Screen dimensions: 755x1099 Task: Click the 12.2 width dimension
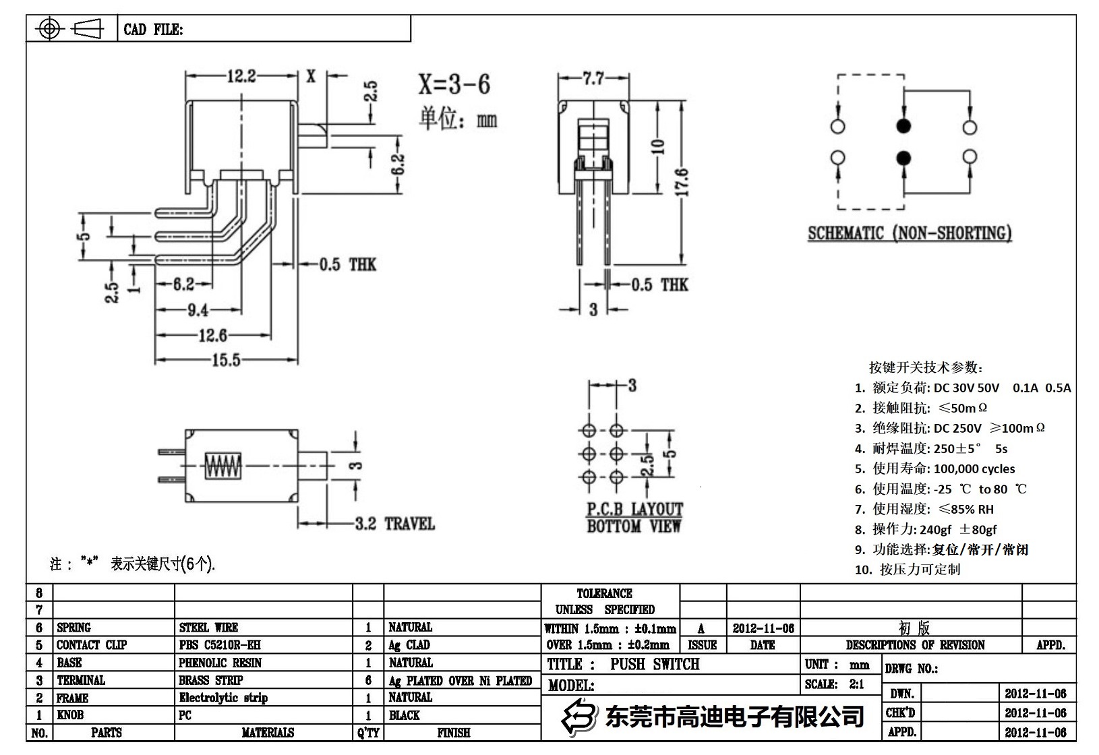pos(241,76)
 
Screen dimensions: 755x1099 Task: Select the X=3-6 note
pos(454,84)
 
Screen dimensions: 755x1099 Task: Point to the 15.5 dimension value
pos(226,360)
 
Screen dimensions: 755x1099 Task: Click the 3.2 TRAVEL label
pos(394,524)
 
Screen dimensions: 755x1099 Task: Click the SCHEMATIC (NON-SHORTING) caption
pos(910,233)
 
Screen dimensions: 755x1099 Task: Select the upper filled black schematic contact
pos(903,126)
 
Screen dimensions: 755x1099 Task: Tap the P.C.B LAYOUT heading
pos(634,509)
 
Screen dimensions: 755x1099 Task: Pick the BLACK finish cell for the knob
pos(404,715)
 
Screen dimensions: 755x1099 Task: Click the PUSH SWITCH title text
pos(655,664)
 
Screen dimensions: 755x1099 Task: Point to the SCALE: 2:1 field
pos(834,684)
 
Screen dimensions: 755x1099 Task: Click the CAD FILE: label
pos(153,30)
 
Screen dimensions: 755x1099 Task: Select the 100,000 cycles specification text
pos(974,469)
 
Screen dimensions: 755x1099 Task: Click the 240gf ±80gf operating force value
pos(957,529)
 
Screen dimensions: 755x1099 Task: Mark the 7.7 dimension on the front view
pos(593,79)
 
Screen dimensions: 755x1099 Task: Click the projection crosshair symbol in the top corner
pos(50,29)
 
